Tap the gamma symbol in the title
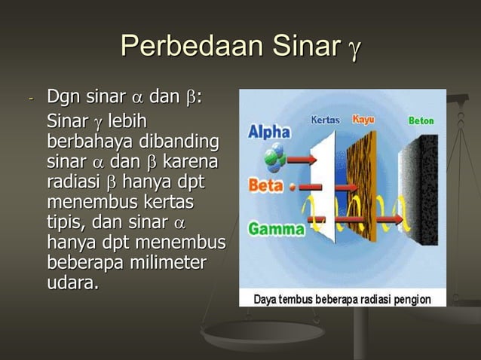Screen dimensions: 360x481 point(353,51)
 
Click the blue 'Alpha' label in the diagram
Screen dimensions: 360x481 point(269,132)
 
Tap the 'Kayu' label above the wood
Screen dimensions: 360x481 point(364,120)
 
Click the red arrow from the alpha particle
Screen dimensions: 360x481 point(299,160)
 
